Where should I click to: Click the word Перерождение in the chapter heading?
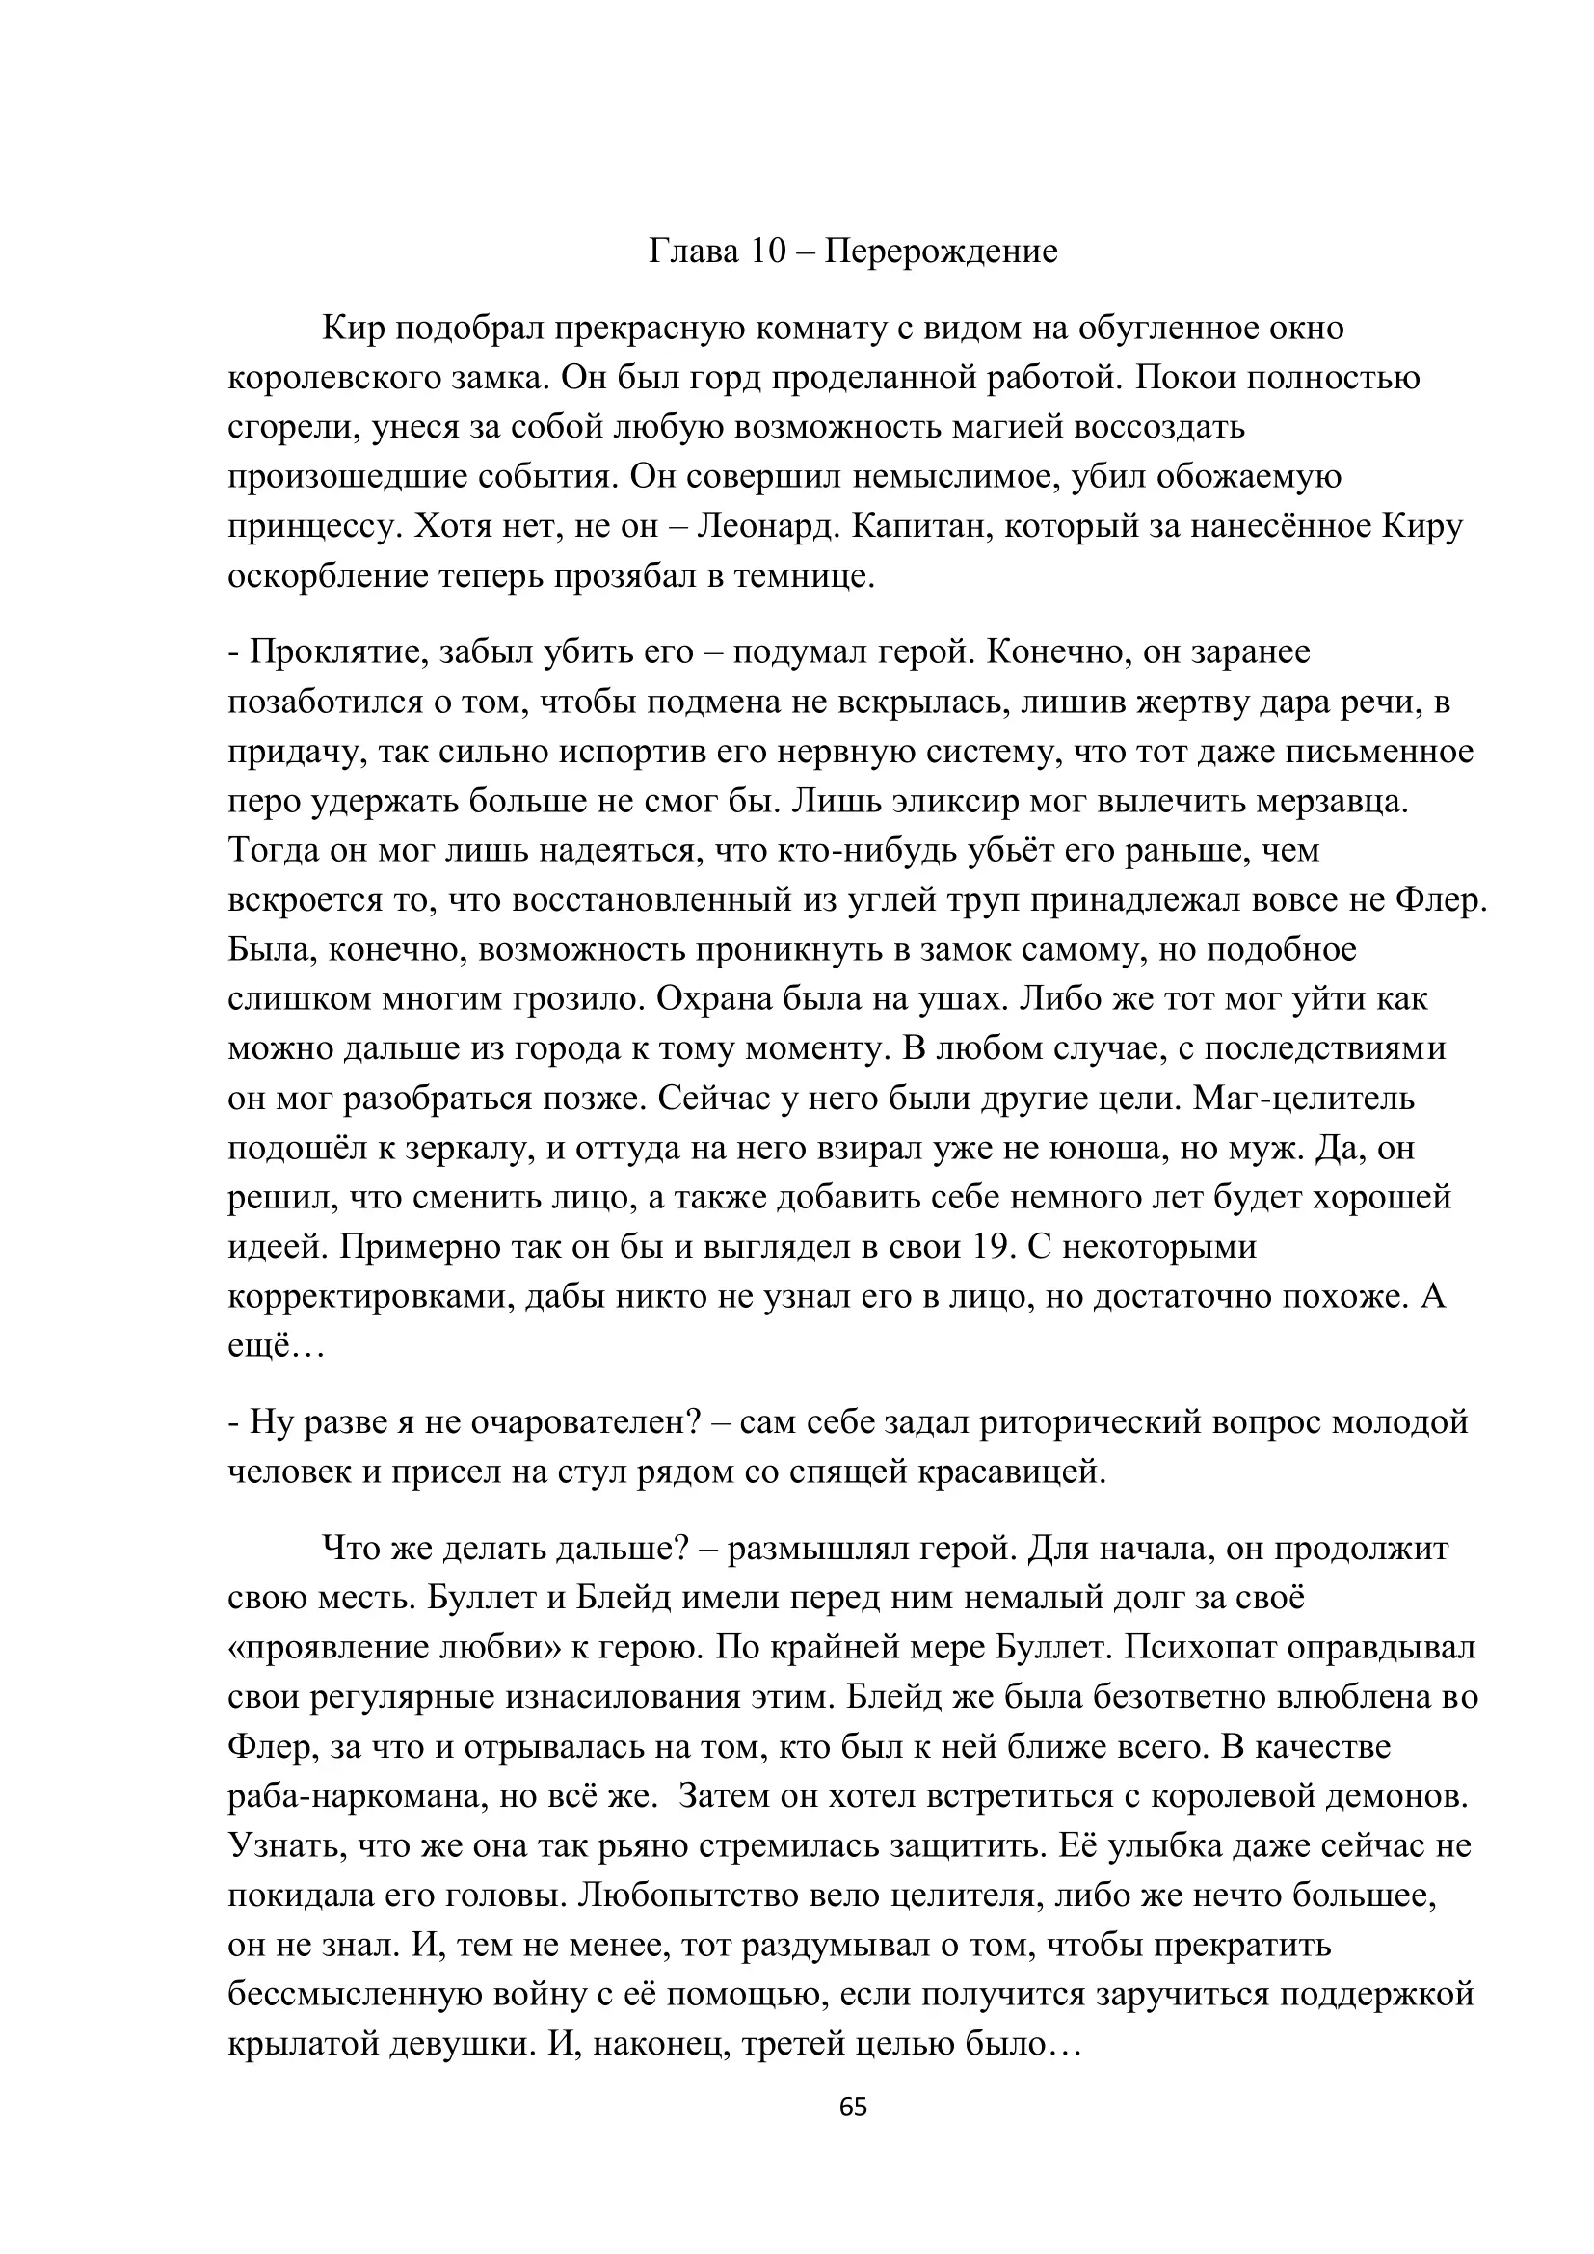click(941, 252)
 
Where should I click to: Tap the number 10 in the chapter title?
click(769, 252)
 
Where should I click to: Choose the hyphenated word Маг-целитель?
click(1304, 1099)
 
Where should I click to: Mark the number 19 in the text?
click(993, 1247)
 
